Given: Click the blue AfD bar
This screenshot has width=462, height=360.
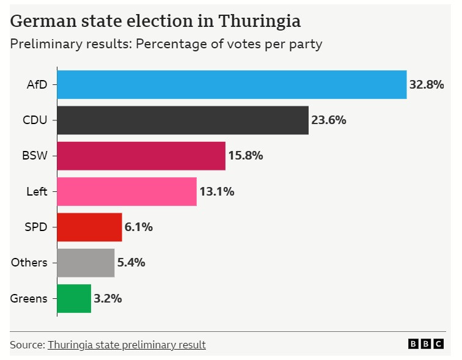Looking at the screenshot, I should pyautogui.click(x=232, y=84).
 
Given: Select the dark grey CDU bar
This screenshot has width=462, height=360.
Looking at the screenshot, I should pyautogui.click(x=183, y=120).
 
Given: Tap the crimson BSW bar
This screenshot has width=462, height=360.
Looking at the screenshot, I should pyautogui.click(x=141, y=155).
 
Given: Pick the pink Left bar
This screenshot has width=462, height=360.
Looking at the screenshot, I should pyautogui.click(x=127, y=191).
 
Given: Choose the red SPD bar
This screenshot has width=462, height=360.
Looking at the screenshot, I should pyautogui.click(x=89, y=227).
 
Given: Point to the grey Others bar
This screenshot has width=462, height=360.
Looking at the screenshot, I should pyautogui.click(x=86, y=263).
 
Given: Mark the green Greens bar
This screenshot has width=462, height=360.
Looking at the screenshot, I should pyautogui.click(x=74, y=298).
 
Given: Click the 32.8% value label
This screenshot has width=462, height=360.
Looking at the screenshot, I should pyautogui.click(x=427, y=84).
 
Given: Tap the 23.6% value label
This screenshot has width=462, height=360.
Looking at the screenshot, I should pyautogui.click(x=329, y=120).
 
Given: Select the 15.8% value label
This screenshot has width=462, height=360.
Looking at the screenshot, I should pyautogui.click(x=246, y=155).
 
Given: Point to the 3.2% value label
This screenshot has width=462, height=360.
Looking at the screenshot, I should pyautogui.click(x=108, y=298).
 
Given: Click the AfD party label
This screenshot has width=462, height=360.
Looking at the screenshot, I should pyautogui.click(x=37, y=84).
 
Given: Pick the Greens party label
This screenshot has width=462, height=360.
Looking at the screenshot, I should pyautogui.click(x=29, y=298).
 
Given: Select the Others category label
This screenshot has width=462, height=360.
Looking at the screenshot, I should pyautogui.click(x=29, y=263).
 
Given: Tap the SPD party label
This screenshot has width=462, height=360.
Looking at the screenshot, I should pyautogui.click(x=36, y=227).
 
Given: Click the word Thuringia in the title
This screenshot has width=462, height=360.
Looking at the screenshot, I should pyautogui.click(x=260, y=21).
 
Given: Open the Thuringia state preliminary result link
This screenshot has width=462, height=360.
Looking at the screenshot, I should pyautogui.click(x=127, y=345).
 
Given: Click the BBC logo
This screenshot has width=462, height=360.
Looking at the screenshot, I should pyautogui.click(x=426, y=345).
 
